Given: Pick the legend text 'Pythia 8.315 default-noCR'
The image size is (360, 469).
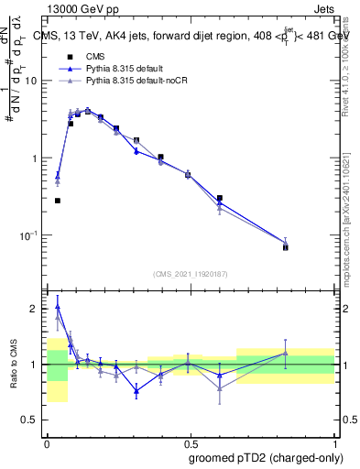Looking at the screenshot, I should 137,82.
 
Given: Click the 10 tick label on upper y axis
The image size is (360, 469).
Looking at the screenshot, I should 30,81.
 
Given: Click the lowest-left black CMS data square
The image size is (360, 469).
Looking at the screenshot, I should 58,201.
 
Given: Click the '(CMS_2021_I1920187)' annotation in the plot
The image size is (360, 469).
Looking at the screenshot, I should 191,274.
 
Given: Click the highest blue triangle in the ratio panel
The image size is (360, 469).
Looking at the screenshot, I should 58,308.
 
